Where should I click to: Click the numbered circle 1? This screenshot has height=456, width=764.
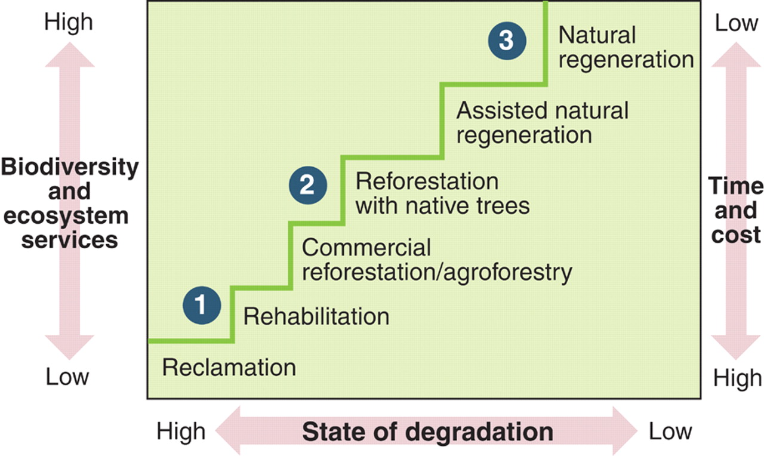click(202, 306)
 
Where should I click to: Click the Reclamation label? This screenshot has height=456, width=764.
click(229, 367)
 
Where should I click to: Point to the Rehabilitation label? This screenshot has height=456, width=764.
click(316, 316)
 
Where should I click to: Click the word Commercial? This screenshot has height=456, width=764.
click(366, 247)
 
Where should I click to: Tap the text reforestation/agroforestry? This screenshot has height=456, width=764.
click(437, 272)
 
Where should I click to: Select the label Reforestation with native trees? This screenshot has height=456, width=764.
click(442, 193)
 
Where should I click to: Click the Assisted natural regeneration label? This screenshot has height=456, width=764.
click(542, 122)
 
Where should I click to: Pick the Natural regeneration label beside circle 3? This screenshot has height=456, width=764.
click(626, 47)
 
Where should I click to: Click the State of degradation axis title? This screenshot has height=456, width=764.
click(427, 432)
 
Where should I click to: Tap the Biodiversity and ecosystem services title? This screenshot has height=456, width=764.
click(69, 203)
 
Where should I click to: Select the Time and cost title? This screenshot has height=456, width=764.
click(735, 210)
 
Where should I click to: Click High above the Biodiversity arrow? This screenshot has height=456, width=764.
click(69, 22)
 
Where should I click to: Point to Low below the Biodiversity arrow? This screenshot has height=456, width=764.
click(67, 377)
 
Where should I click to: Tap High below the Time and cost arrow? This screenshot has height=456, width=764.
click(738, 378)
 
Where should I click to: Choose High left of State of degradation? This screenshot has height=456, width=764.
click(181, 431)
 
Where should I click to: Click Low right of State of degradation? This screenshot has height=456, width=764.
click(671, 431)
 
